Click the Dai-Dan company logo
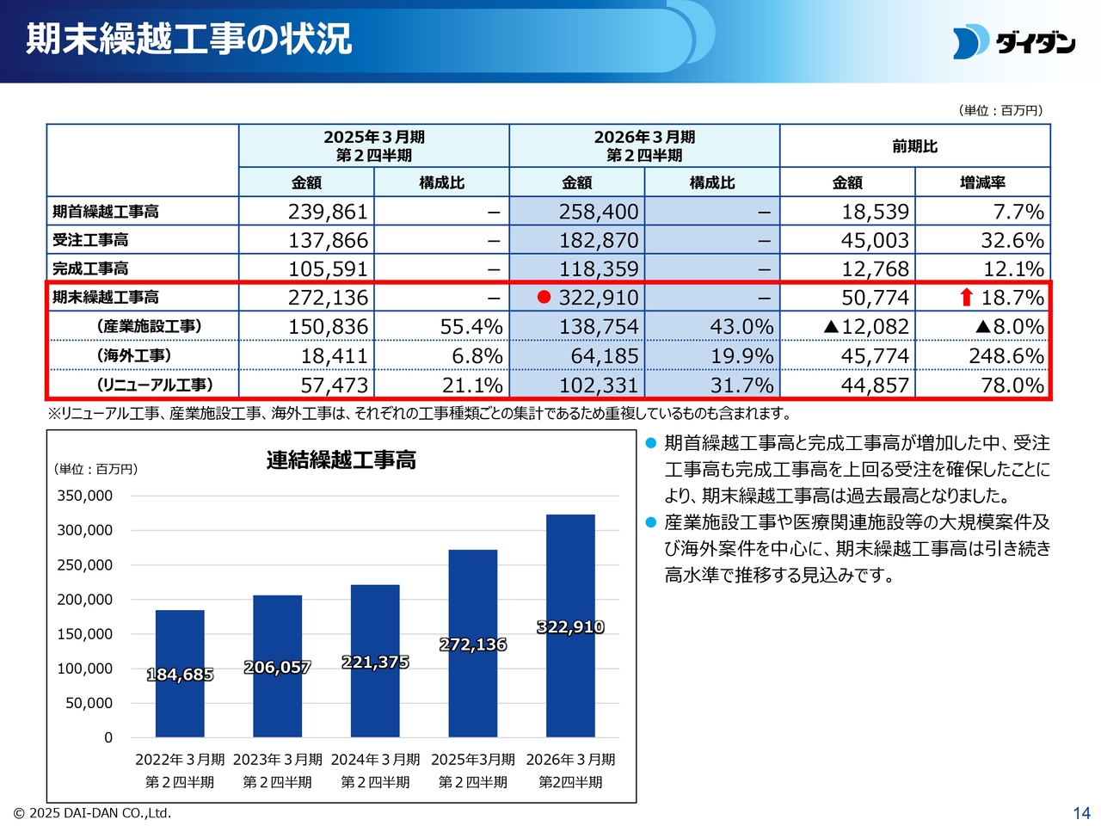[1013, 41]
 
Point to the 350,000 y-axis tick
[85, 496]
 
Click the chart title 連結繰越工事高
[341, 460]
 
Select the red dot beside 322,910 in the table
[544, 297]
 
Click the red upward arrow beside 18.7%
[966, 298]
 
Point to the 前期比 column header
[914, 146]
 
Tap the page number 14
[1081, 813]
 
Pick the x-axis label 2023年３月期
[277, 760]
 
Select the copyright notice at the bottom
[92, 813]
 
